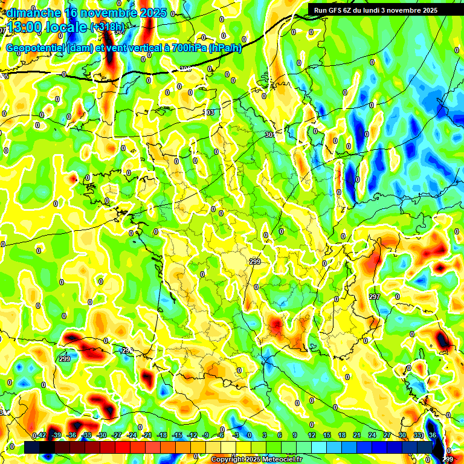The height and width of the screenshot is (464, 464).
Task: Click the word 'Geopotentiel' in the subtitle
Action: click(36, 48)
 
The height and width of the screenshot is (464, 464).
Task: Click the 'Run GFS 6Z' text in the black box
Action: click(335, 10)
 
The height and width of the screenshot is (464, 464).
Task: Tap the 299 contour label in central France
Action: click(255, 261)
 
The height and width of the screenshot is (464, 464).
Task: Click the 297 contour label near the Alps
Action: click(375, 297)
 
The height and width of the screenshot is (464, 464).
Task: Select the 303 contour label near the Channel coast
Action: click(208, 113)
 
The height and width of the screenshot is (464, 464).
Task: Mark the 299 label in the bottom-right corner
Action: click(448, 460)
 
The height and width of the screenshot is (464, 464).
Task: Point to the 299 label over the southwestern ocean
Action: click(65, 359)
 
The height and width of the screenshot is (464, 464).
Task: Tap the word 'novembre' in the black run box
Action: click(404, 10)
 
